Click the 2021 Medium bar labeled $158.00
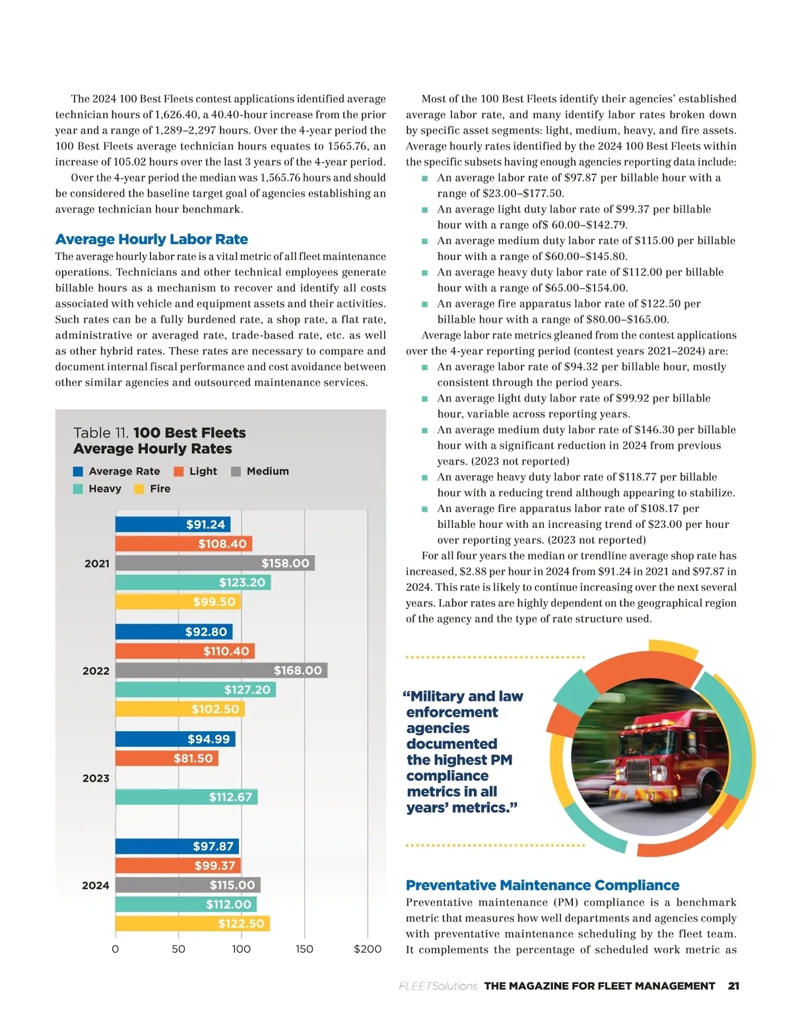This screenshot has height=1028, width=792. click(214, 563)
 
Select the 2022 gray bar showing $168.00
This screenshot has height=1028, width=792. click(221, 670)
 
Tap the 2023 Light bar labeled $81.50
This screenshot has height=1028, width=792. click(166, 758)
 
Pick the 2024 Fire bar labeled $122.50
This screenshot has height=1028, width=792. click(193, 923)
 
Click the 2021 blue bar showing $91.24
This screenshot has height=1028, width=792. click(173, 525)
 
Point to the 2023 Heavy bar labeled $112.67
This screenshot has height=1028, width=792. click(186, 797)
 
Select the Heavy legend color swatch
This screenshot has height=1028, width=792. click(78, 489)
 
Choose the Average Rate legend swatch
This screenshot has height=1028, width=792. click(78, 471)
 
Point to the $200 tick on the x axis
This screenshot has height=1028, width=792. click(368, 949)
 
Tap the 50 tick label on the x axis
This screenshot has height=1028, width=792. click(178, 949)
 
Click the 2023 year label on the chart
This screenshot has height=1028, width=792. click(96, 778)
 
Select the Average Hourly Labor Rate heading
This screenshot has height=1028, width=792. click(152, 239)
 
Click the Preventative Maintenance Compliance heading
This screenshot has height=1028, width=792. click(543, 885)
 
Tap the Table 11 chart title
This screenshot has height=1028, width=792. click(159, 440)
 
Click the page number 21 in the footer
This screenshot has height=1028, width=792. click(733, 986)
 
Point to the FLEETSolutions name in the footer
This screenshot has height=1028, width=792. click(438, 986)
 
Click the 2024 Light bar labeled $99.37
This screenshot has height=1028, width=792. click(178, 866)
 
